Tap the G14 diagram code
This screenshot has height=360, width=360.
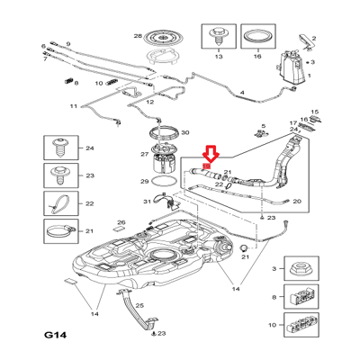pyautogui.click(x=55, y=335)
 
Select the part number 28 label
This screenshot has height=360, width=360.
pyautogui.click(x=138, y=36)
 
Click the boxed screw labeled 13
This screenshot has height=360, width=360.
pyautogui.click(x=218, y=36)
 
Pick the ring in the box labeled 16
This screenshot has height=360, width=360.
pyautogui.click(x=257, y=38)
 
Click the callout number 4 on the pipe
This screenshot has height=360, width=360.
pyautogui.click(x=242, y=93)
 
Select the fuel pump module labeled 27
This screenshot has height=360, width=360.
pyautogui.click(x=164, y=158)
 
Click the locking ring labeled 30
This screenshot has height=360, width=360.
pyautogui.click(x=165, y=132)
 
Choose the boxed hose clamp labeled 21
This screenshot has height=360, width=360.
pyautogui.click(x=60, y=230)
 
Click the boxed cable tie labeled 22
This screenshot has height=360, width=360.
pyautogui.click(x=59, y=204)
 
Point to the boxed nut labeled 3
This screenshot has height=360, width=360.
pyautogui.click(x=301, y=267)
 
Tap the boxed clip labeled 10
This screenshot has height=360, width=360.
pyautogui.click(x=301, y=325)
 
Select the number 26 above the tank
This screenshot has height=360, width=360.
pyautogui.click(x=121, y=222)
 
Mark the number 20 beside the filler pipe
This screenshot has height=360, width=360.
pyautogui.click(x=297, y=202)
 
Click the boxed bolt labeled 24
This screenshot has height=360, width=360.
pyautogui.click(x=61, y=148)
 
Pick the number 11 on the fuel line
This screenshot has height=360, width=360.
pyautogui.click(x=74, y=106)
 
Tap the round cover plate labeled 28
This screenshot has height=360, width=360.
pyautogui.click(x=164, y=38)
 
